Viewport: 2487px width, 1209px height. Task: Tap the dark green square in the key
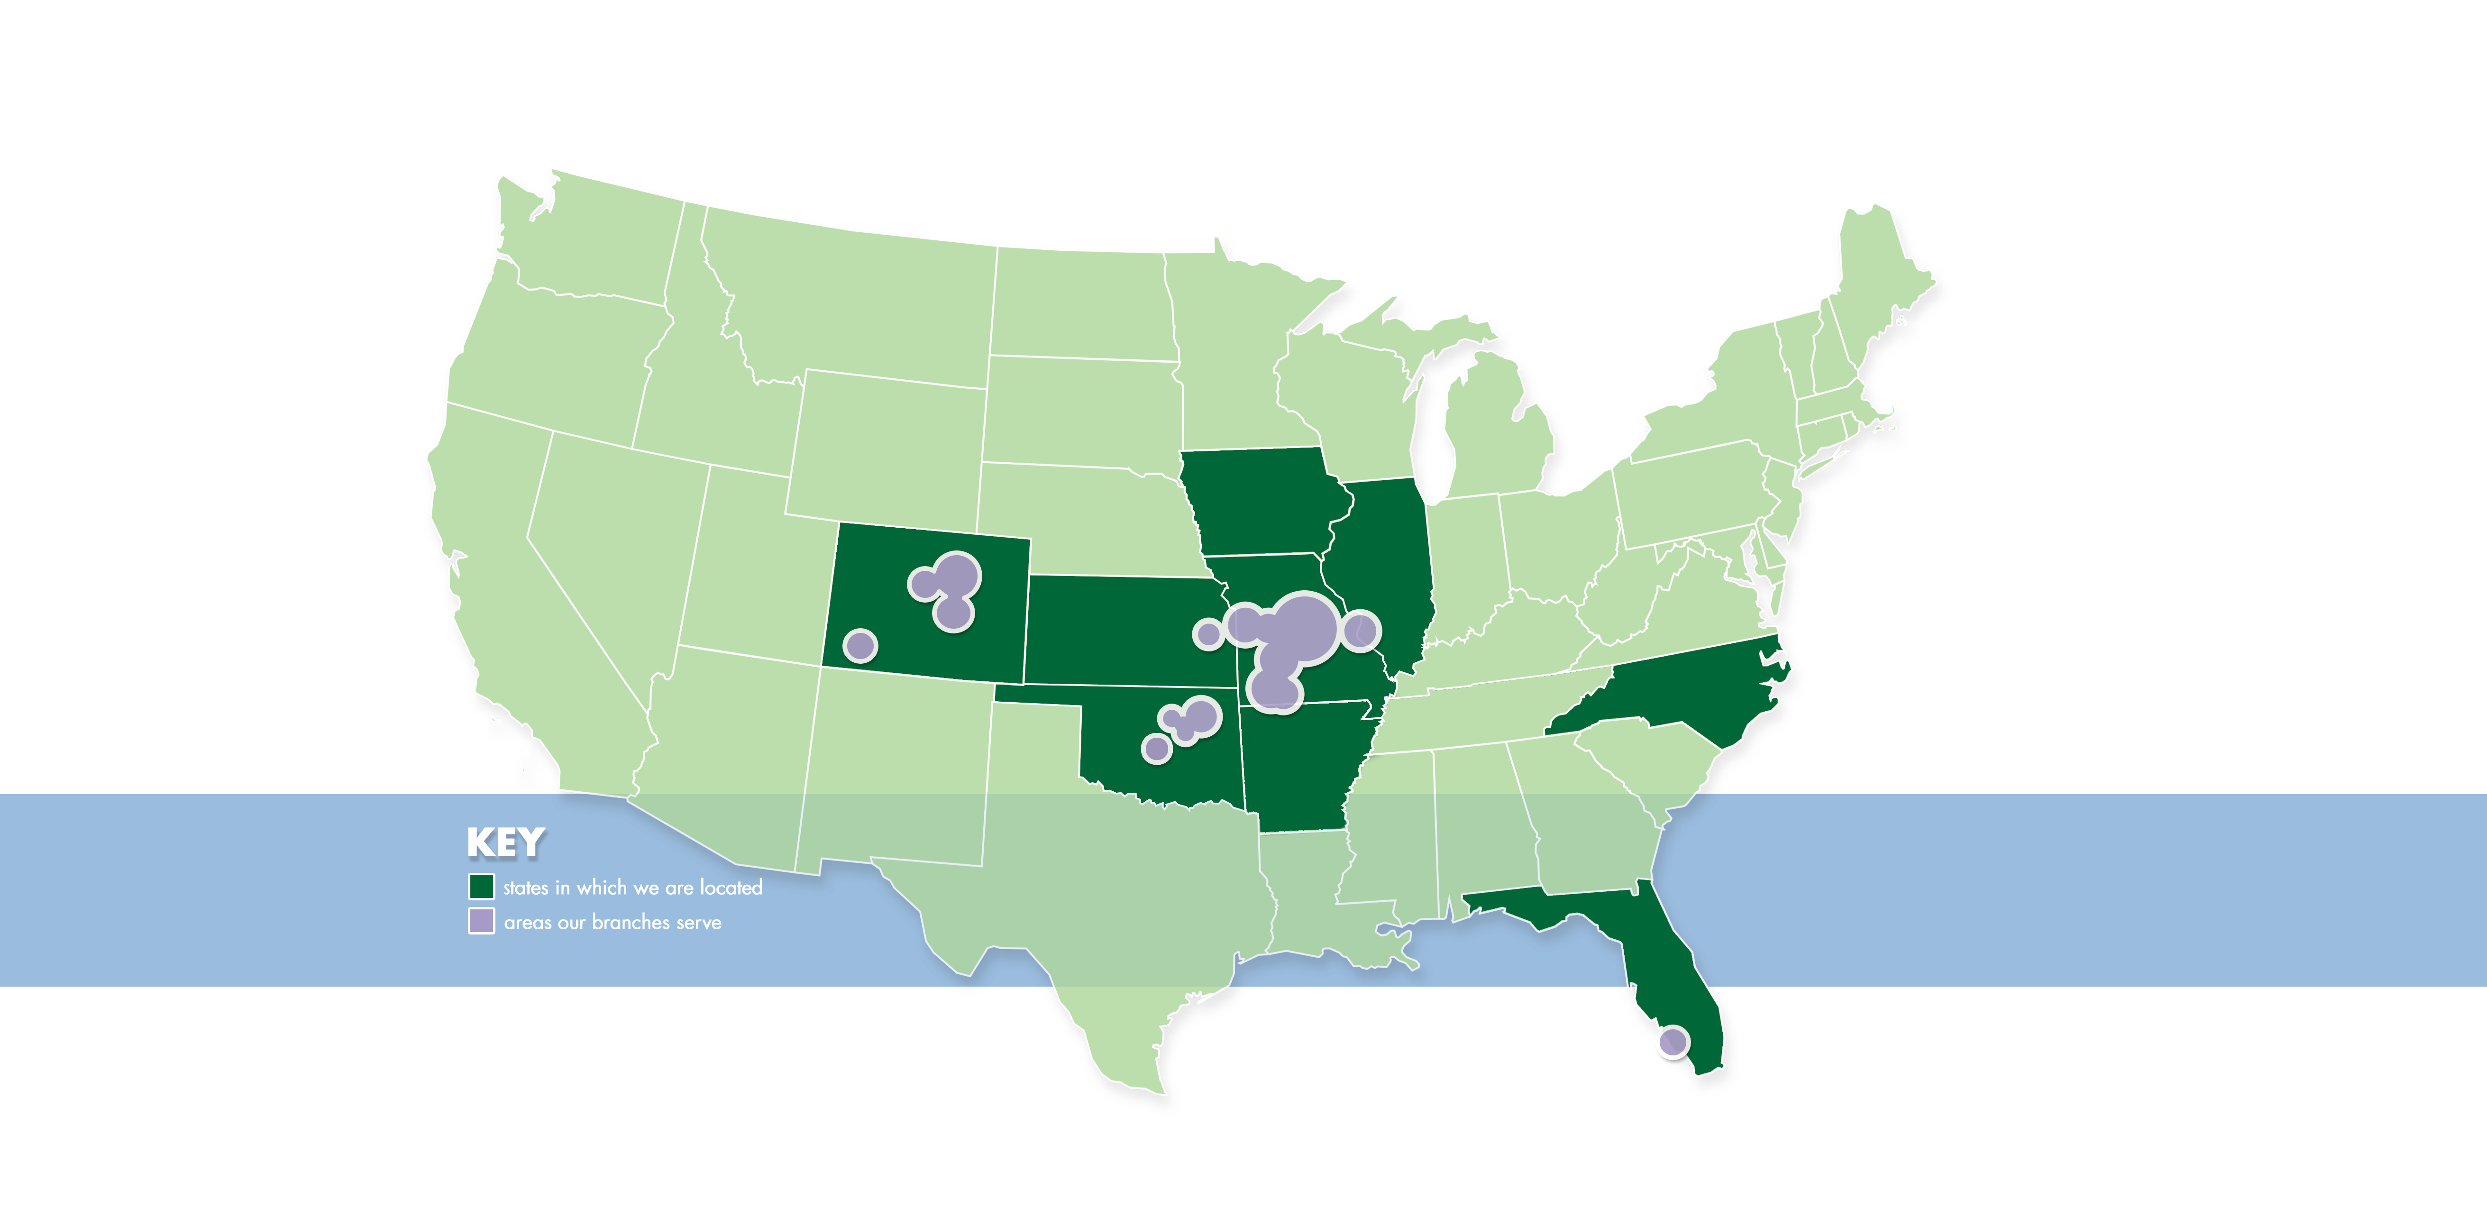pyautogui.click(x=481, y=887)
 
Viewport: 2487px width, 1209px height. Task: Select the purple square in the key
pyautogui.click(x=481, y=921)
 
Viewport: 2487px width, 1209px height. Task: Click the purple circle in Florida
pyautogui.click(x=1672, y=1042)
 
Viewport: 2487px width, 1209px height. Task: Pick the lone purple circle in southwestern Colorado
pyautogui.click(x=860, y=645)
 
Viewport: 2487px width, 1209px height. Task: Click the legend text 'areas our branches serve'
pyautogui.click(x=612, y=922)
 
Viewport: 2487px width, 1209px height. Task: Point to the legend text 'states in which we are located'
pyautogui.click(x=632, y=888)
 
